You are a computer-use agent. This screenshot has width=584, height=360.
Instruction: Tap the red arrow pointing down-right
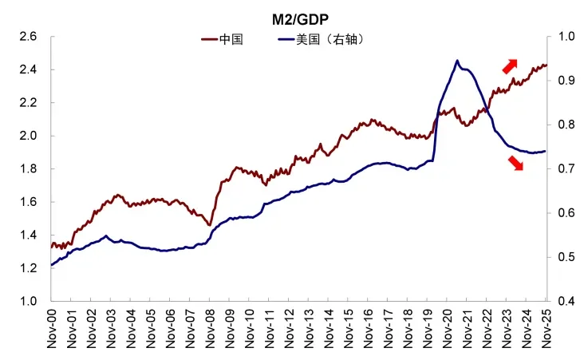(x=515, y=163)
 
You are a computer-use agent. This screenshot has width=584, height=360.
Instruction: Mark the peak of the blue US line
(x=457, y=60)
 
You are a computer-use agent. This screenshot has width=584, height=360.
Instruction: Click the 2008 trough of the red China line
(x=210, y=225)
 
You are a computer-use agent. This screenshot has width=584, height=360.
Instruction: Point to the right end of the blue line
(x=546, y=151)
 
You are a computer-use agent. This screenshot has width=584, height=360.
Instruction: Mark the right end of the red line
(x=546, y=65)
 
